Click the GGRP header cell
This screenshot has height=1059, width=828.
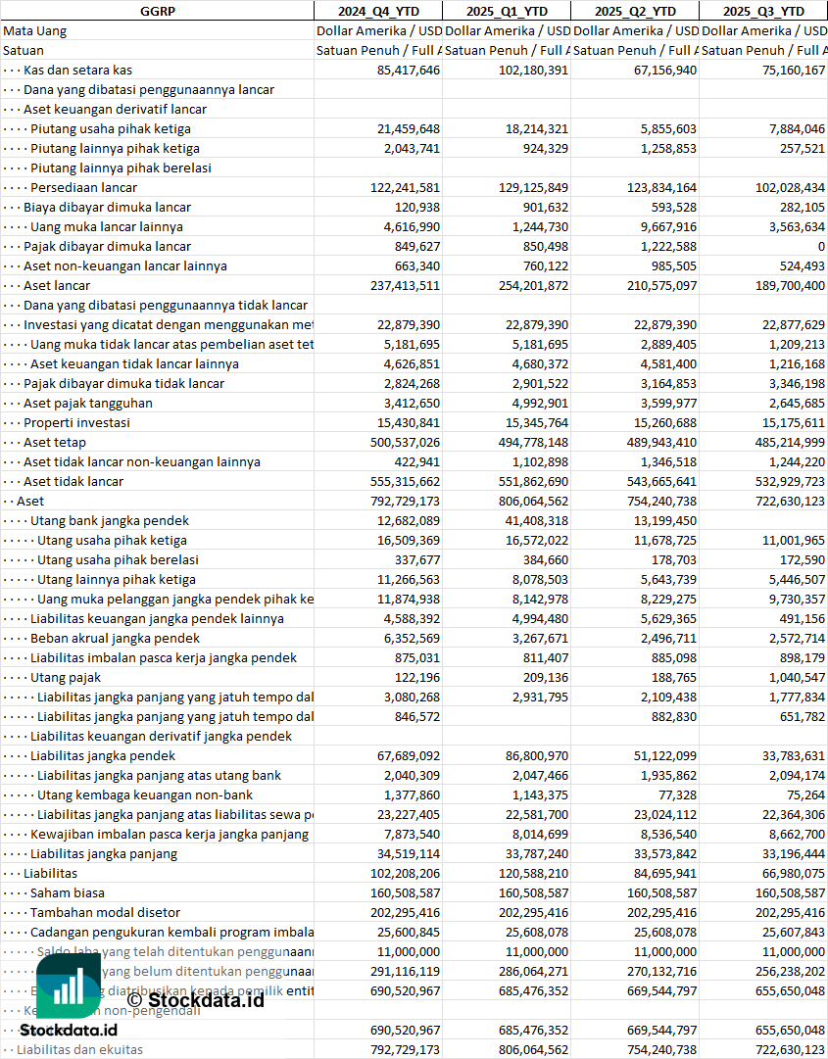(x=157, y=11)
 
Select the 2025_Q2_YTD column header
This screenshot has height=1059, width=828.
(x=635, y=11)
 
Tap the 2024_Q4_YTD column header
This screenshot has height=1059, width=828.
(x=377, y=11)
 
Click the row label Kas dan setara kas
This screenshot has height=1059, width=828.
(x=77, y=70)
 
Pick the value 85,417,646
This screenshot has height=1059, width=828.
(x=409, y=70)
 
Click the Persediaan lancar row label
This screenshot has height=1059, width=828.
(x=83, y=187)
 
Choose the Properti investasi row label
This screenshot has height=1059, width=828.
(x=76, y=422)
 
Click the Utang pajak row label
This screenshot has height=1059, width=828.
(x=66, y=677)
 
